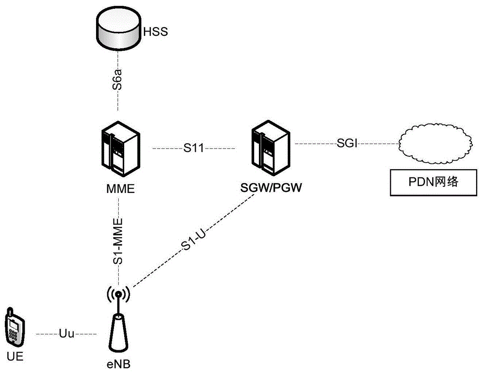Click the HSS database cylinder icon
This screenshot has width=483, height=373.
(117, 32)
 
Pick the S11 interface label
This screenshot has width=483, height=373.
(193, 149)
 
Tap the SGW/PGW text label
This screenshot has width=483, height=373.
(270, 188)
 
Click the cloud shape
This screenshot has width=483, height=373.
(434, 144)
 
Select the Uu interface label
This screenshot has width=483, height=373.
(66, 334)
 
